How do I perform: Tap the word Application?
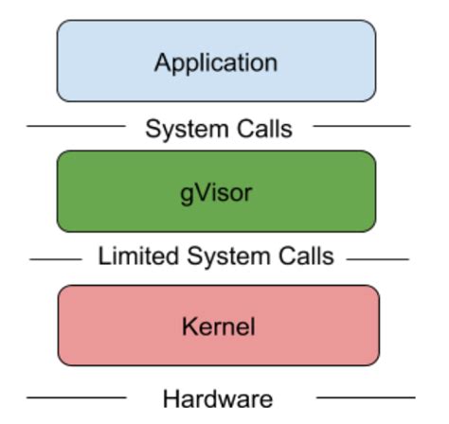[x=216, y=63]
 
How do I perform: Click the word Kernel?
[x=218, y=327]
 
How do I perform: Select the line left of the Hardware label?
[x=76, y=397]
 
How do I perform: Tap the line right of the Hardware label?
[x=365, y=397]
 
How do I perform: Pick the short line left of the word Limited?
[x=55, y=257]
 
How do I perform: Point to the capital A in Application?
[x=162, y=63]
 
